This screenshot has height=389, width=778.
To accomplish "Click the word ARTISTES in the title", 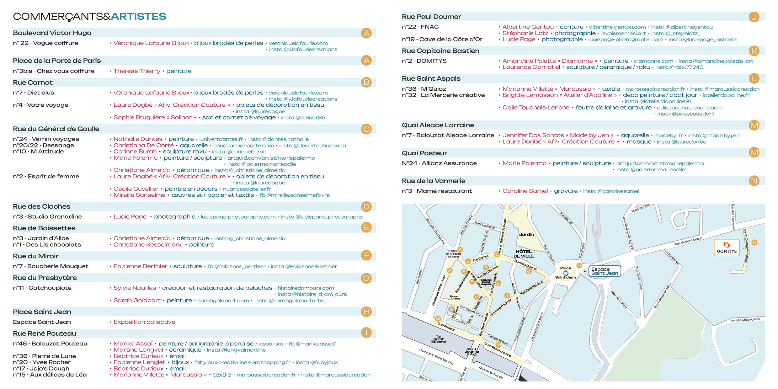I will (138, 16).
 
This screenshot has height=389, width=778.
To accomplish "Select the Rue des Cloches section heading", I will (41, 206).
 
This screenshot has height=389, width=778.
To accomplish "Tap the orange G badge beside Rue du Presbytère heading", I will (366, 278).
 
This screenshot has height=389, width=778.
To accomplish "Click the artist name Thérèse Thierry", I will (137, 71).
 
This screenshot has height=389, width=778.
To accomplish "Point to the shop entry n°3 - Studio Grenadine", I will (47, 217).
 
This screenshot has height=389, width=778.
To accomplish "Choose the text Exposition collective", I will (144, 322).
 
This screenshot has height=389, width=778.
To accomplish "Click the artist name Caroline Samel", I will (525, 191).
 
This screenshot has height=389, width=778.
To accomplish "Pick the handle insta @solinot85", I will (303, 118).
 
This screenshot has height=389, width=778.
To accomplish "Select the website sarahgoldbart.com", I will (223, 301).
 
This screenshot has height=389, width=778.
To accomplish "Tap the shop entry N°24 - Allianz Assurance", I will (439, 163).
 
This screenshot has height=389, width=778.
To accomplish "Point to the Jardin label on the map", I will (526, 234).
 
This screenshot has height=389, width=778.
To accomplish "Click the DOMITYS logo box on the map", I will (727, 248).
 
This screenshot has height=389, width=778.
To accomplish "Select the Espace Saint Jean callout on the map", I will (605, 271).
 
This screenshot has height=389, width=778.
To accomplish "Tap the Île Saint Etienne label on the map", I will (439, 339).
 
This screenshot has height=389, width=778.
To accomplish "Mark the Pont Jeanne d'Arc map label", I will (472, 352).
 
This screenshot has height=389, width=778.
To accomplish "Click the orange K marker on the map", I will (754, 242).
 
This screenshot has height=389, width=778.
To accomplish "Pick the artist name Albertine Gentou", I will (528, 27).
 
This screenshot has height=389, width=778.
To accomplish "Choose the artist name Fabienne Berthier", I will (140, 266).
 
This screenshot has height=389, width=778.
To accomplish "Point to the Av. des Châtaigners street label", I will (745, 320).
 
